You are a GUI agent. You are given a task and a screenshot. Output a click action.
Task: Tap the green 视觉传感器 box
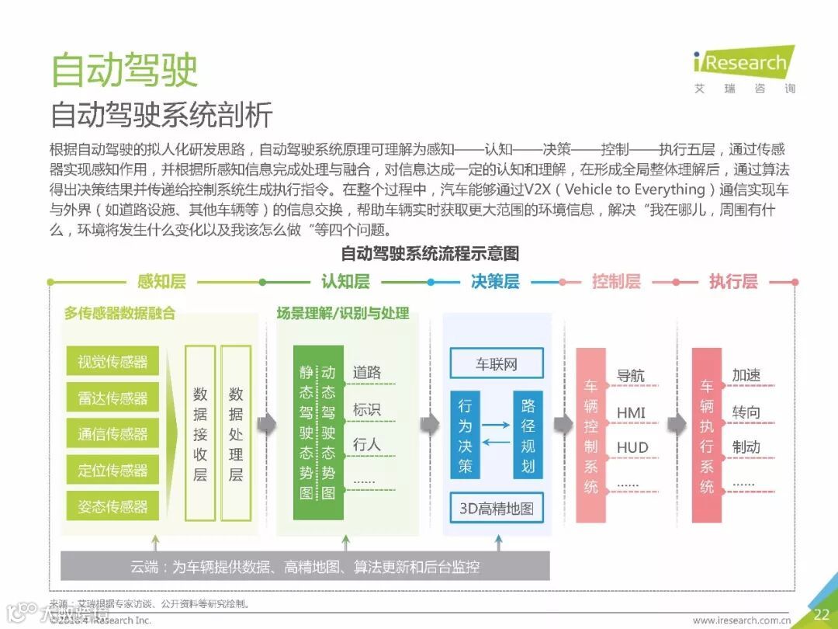click(113, 362)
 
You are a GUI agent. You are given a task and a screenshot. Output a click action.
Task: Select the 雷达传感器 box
click(113, 398)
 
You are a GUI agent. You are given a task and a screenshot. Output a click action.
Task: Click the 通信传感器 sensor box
click(113, 434)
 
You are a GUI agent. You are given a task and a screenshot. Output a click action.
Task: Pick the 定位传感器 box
click(113, 470)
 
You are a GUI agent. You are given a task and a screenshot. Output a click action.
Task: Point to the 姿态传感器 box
click(113, 506)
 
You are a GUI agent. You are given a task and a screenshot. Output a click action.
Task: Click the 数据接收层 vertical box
click(200, 433)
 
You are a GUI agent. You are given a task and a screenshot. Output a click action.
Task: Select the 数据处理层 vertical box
click(236, 433)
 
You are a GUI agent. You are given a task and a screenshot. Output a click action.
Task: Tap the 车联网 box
click(497, 363)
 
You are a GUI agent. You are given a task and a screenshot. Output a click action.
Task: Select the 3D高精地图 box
click(497, 509)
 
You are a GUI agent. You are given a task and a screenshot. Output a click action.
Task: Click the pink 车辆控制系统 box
click(591, 435)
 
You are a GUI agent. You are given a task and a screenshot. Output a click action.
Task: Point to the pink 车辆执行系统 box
click(707, 435)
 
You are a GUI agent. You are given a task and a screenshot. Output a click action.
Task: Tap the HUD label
click(632, 448)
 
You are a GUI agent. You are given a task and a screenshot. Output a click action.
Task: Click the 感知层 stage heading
click(161, 281)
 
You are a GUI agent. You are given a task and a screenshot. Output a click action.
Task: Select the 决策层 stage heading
click(495, 281)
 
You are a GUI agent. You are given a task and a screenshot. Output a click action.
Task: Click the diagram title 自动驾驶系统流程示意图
click(430, 253)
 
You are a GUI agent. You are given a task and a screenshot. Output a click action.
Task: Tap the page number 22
click(821, 614)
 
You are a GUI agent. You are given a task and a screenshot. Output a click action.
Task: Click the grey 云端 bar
click(305, 566)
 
